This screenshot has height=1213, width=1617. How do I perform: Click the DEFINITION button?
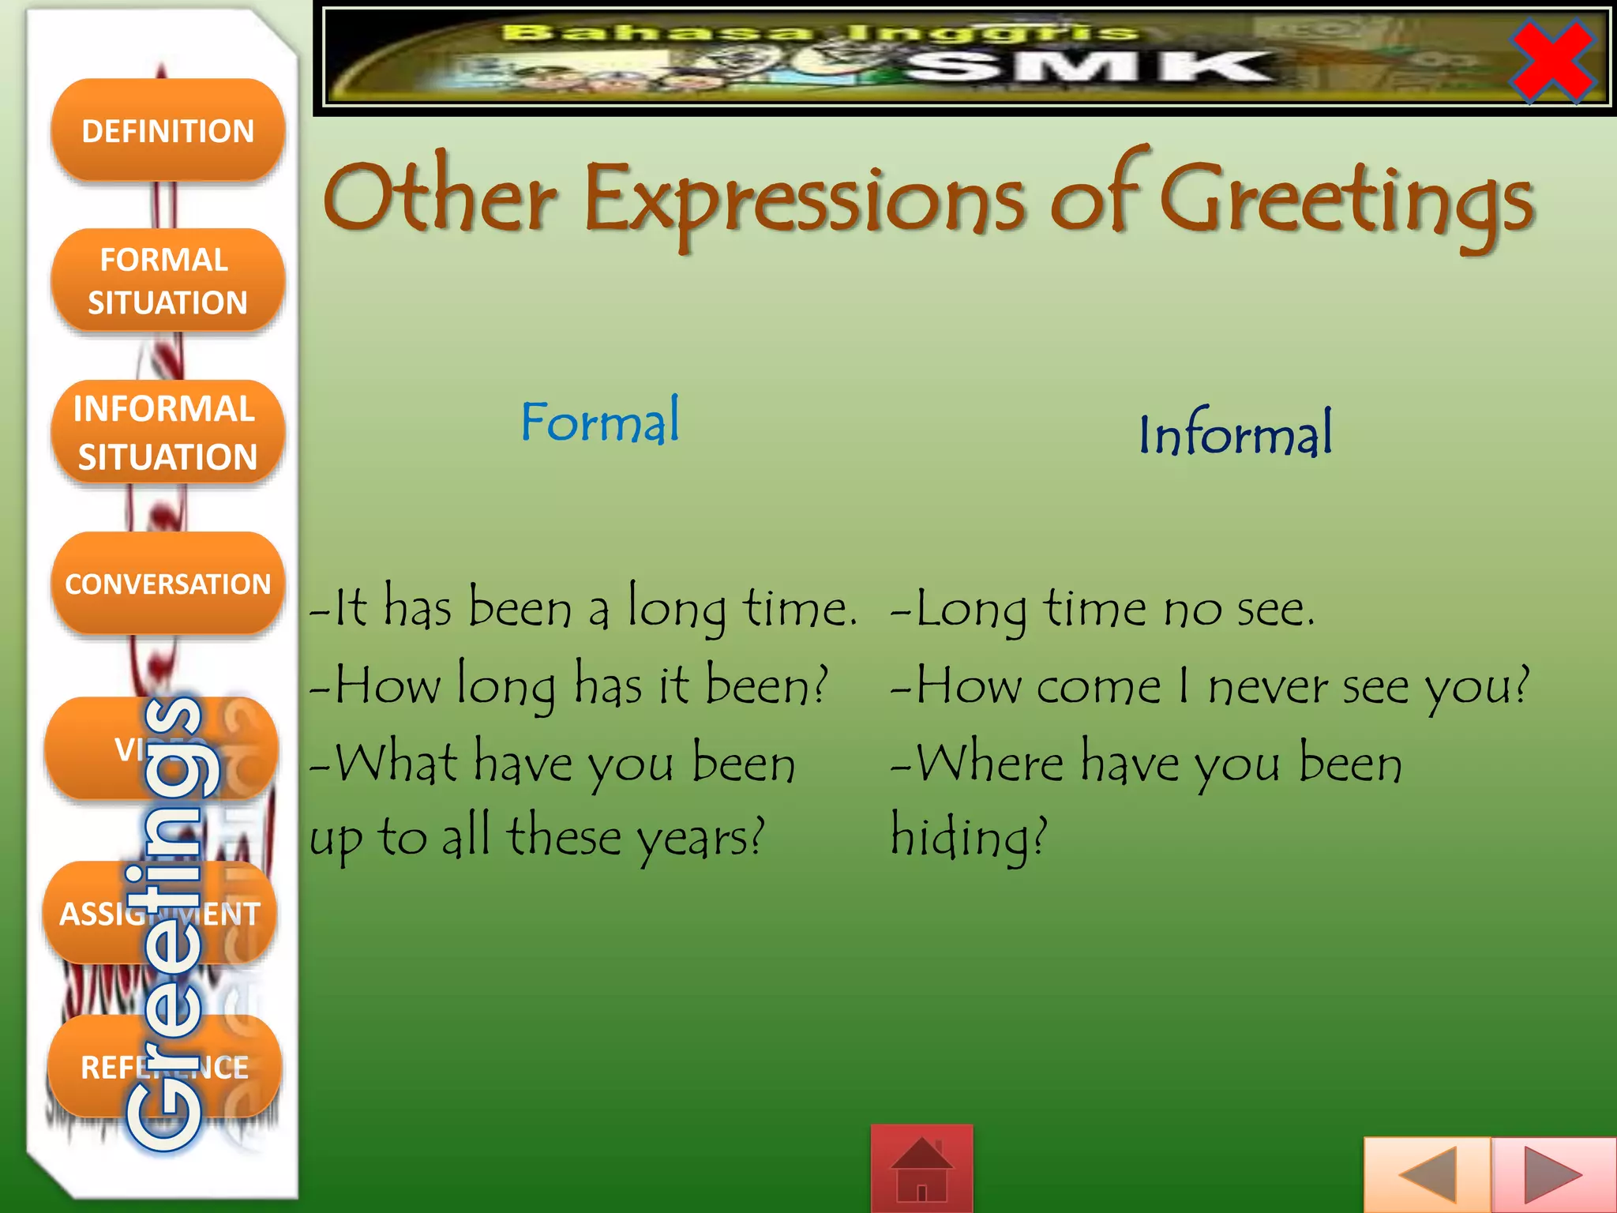167,130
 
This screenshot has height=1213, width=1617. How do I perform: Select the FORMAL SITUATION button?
167,280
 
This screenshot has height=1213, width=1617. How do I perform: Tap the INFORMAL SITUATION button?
167,432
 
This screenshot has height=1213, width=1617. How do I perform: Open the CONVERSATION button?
167,584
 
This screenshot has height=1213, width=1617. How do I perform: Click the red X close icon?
1551,61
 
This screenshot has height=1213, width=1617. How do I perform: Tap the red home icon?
921,1168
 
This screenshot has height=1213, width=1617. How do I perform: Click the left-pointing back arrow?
1427,1175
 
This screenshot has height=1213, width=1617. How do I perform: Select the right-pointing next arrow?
1553,1175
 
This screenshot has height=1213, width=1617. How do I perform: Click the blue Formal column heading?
600,422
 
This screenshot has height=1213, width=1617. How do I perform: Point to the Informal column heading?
1235,434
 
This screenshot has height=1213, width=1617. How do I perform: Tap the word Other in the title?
440,197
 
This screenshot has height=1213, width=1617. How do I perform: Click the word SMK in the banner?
1090,67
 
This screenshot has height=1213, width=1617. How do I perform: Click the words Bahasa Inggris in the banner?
821,33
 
